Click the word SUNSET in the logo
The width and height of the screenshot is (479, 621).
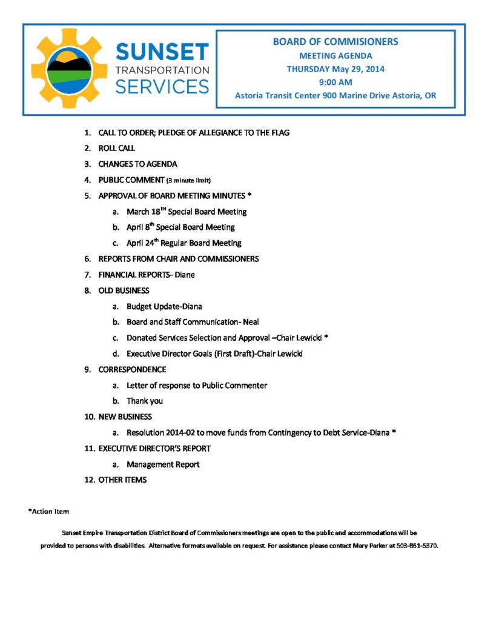pyautogui.click(x=162, y=52)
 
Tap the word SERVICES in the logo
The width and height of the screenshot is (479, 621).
pyautogui.click(x=162, y=86)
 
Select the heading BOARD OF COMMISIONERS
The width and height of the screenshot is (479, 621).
pyautogui.click(x=335, y=42)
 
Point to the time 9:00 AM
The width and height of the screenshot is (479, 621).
pyautogui.click(x=335, y=82)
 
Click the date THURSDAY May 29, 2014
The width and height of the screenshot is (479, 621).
pyautogui.click(x=335, y=69)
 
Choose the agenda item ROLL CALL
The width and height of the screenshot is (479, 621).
pyautogui.click(x=117, y=148)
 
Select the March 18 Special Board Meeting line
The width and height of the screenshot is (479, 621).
pyautogui.click(x=186, y=212)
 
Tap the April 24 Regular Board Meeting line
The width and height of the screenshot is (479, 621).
pyautogui.click(x=183, y=243)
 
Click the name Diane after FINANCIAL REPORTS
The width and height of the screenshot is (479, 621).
pyautogui.click(x=185, y=275)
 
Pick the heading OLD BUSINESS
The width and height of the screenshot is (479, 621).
pyautogui.click(x=124, y=290)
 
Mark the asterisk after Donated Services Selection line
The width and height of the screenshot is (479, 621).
pyautogui.click(x=326, y=337)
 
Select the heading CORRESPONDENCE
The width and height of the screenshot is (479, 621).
pyautogui.click(x=132, y=369)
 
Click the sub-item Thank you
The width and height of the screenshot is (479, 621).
pyautogui.click(x=144, y=401)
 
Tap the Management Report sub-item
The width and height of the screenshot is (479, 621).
pyautogui.click(x=163, y=465)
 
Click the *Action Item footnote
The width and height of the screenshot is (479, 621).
pyautogui.click(x=49, y=512)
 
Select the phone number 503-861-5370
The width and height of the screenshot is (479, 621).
pyautogui.click(x=417, y=546)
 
